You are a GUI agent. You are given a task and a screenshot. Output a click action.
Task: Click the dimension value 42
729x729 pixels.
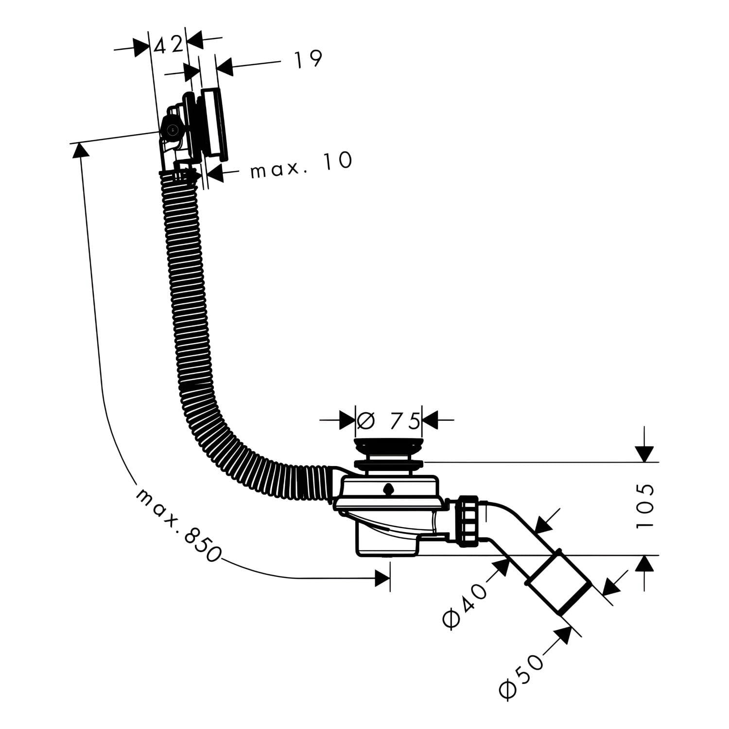pyautogui.click(x=169, y=45)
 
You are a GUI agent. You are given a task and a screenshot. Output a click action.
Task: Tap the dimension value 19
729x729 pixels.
pyautogui.click(x=308, y=58)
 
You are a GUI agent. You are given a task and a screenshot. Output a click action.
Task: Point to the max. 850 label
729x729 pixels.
pyautogui.click(x=178, y=526)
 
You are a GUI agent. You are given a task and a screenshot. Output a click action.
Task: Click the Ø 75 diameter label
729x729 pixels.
pyautogui.click(x=388, y=420)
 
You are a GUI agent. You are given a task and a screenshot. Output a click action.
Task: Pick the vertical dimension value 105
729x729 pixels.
pyautogui.click(x=645, y=505)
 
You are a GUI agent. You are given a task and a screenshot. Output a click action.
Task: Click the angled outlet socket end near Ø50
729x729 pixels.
pyautogui.click(x=558, y=583)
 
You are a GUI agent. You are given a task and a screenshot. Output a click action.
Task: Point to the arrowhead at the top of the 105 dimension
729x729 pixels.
pyautogui.click(x=644, y=453)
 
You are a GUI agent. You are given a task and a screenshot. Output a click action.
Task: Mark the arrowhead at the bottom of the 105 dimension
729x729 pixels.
pyautogui.click(x=644, y=564)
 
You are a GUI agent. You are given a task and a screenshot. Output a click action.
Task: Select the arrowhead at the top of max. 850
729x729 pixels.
pyautogui.click(x=81, y=151)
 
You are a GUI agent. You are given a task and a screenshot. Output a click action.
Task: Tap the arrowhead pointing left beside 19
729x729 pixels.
pyautogui.click(x=225, y=67)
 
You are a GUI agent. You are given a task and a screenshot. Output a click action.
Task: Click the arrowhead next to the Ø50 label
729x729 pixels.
pyautogui.click(x=563, y=635)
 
